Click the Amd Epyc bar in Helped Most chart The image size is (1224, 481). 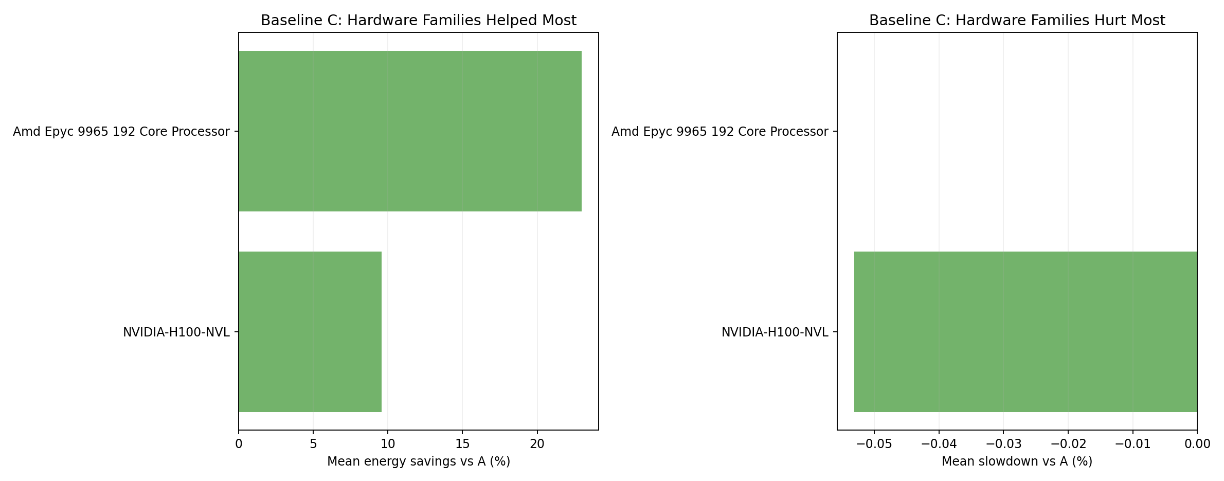[x=410, y=131]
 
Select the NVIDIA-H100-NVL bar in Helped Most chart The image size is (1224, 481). [x=310, y=332]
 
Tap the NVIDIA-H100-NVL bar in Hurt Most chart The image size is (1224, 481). [x=1025, y=332]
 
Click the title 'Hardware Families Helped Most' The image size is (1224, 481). [x=418, y=21]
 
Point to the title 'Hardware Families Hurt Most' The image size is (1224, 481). [x=1017, y=21]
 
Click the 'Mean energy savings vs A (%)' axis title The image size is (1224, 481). [x=418, y=462]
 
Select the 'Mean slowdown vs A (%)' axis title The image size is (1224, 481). [x=1017, y=462]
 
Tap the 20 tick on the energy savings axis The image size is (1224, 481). [x=537, y=444]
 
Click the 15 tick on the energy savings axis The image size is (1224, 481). [x=462, y=444]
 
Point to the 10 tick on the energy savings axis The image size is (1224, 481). [x=388, y=444]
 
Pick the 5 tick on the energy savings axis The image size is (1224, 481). [x=313, y=444]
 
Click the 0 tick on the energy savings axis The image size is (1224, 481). [x=239, y=444]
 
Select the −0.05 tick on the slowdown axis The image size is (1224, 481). [x=874, y=444]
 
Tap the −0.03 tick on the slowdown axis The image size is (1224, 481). [x=1003, y=444]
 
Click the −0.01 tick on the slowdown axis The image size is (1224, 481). [x=1132, y=444]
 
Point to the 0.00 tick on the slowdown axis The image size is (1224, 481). [x=1196, y=444]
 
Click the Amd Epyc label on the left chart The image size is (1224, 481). [x=121, y=132]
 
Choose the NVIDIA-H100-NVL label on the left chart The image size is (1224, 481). [x=176, y=332]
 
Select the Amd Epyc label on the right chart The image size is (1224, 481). [x=719, y=132]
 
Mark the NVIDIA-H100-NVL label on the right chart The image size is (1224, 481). [x=775, y=332]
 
